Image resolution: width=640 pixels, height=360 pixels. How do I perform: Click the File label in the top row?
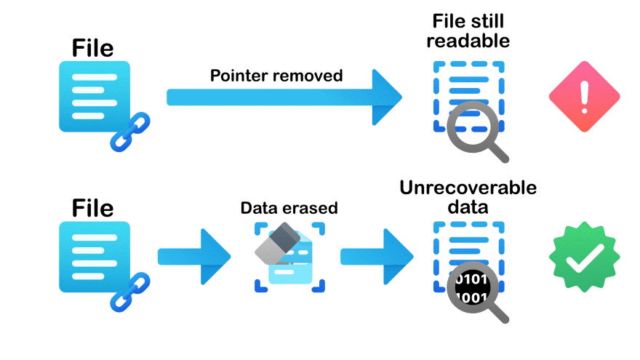pyautogui.click(x=92, y=48)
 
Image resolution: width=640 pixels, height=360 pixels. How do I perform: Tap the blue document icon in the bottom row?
pyautogui.click(x=94, y=257)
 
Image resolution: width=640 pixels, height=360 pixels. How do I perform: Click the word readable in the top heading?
pyautogui.click(x=468, y=41)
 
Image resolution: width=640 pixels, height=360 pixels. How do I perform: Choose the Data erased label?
pyautogui.click(x=289, y=208)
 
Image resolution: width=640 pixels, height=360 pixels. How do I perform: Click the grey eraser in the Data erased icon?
pyautogui.click(x=279, y=244)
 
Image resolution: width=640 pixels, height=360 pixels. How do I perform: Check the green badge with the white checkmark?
pyautogui.click(x=583, y=257)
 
